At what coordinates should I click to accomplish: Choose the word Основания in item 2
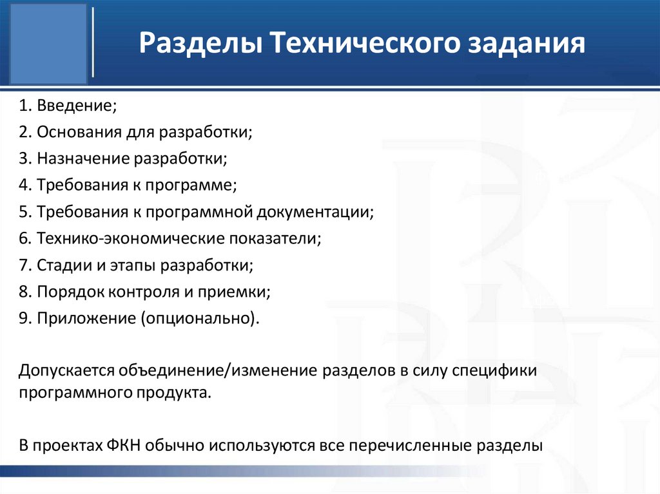click(x=78, y=132)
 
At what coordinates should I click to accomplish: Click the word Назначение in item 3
click(x=83, y=158)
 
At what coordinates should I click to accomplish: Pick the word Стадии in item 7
click(x=60, y=265)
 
